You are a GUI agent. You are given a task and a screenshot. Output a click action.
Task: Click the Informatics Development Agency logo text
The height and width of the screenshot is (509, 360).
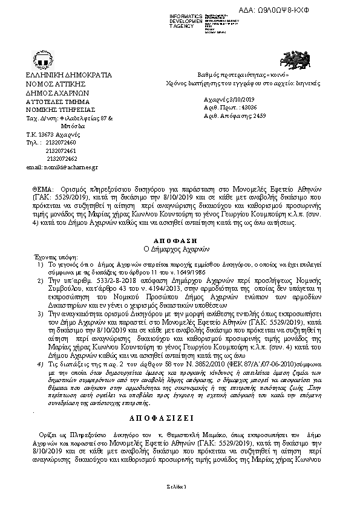click(x=186, y=17)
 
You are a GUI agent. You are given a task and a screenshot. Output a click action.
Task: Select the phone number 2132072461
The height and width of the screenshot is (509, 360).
click(x=61, y=151)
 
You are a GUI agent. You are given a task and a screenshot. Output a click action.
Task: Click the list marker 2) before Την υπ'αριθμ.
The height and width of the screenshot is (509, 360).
click(x=39, y=282)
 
